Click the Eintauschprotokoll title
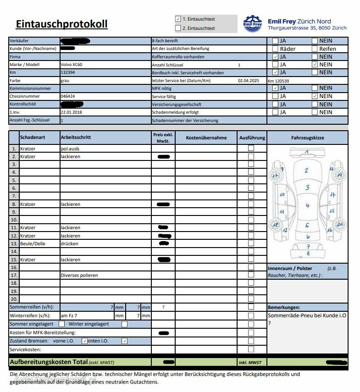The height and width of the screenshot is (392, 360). (61, 24)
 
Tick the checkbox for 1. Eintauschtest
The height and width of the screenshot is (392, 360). (178, 19)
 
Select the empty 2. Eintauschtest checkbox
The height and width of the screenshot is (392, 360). (178, 28)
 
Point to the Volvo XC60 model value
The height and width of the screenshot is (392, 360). (71, 65)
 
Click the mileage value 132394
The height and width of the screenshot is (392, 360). (68, 72)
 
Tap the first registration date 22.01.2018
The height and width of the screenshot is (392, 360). (71, 112)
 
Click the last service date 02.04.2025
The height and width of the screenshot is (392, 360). (248, 81)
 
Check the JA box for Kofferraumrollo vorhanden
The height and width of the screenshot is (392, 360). (275, 57)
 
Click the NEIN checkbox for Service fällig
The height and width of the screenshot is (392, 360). (314, 96)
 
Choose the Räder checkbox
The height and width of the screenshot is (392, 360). (275, 49)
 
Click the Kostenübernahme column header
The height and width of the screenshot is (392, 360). (206, 138)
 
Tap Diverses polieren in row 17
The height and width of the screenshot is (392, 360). (79, 275)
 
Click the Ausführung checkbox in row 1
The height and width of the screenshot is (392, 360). (251, 148)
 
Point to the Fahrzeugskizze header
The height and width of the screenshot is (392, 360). (307, 138)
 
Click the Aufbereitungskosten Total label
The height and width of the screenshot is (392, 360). (49, 362)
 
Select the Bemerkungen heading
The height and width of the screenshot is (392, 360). (283, 307)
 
